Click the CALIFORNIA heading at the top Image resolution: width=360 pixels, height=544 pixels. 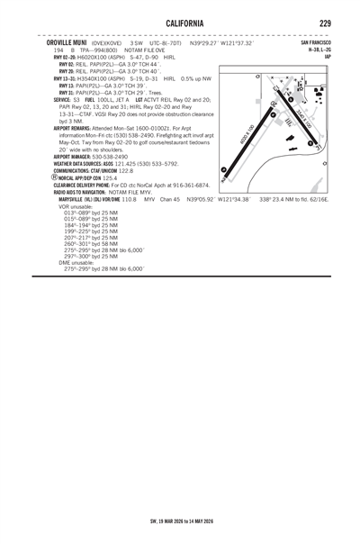[x=180, y=23]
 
